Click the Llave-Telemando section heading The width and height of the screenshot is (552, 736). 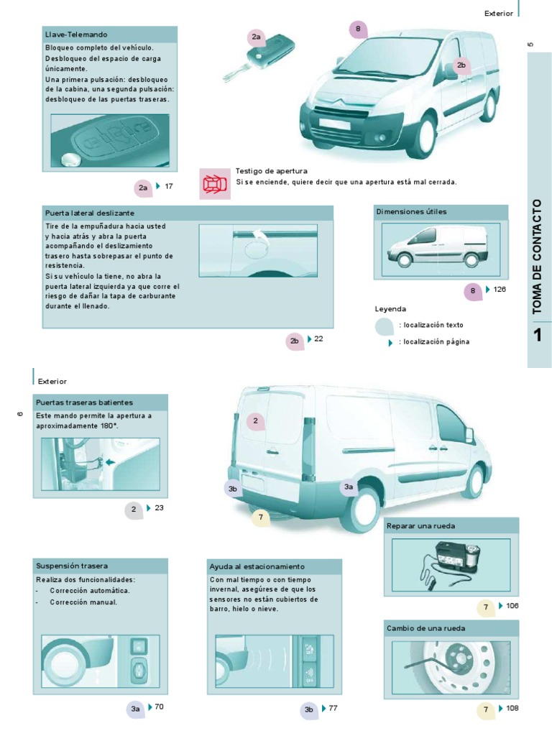[x=76, y=34]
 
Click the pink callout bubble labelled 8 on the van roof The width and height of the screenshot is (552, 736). [x=358, y=29]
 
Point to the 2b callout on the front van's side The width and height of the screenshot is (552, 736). [x=461, y=65]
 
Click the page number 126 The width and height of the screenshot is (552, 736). [x=500, y=289]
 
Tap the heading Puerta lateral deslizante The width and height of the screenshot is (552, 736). [x=90, y=213]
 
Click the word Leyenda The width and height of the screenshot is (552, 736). [x=390, y=308]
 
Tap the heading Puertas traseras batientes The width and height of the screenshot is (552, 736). [x=84, y=402]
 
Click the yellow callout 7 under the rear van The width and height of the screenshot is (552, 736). [x=260, y=517]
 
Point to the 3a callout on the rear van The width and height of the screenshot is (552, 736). [x=349, y=487]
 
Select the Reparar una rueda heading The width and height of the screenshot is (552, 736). [x=421, y=525]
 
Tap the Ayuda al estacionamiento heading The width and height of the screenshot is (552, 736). [x=257, y=566]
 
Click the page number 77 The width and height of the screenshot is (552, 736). [x=333, y=708]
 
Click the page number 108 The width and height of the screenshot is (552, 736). [x=512, y=708]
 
